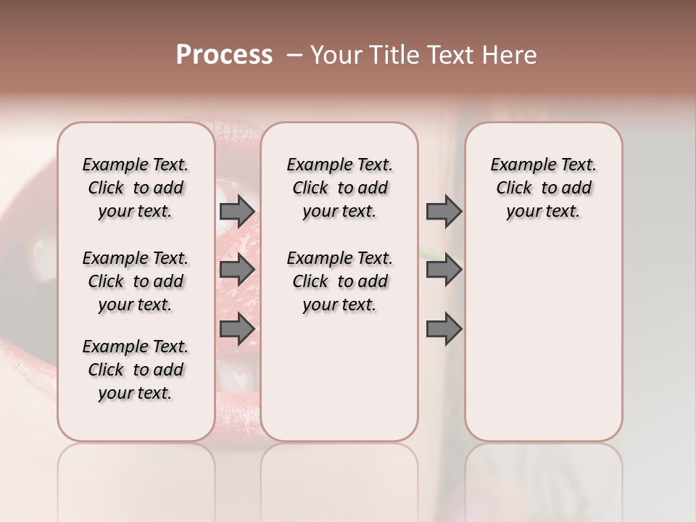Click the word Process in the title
224,55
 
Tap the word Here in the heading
510,55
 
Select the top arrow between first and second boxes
236,212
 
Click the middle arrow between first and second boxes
236,270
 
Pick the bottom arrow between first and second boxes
236,328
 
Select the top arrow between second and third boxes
444,212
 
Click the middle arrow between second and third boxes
444,270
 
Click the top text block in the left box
136,188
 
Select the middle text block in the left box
136,281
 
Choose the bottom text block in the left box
136,370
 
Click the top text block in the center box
339,188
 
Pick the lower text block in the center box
339,281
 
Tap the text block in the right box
543,188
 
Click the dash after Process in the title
294,55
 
